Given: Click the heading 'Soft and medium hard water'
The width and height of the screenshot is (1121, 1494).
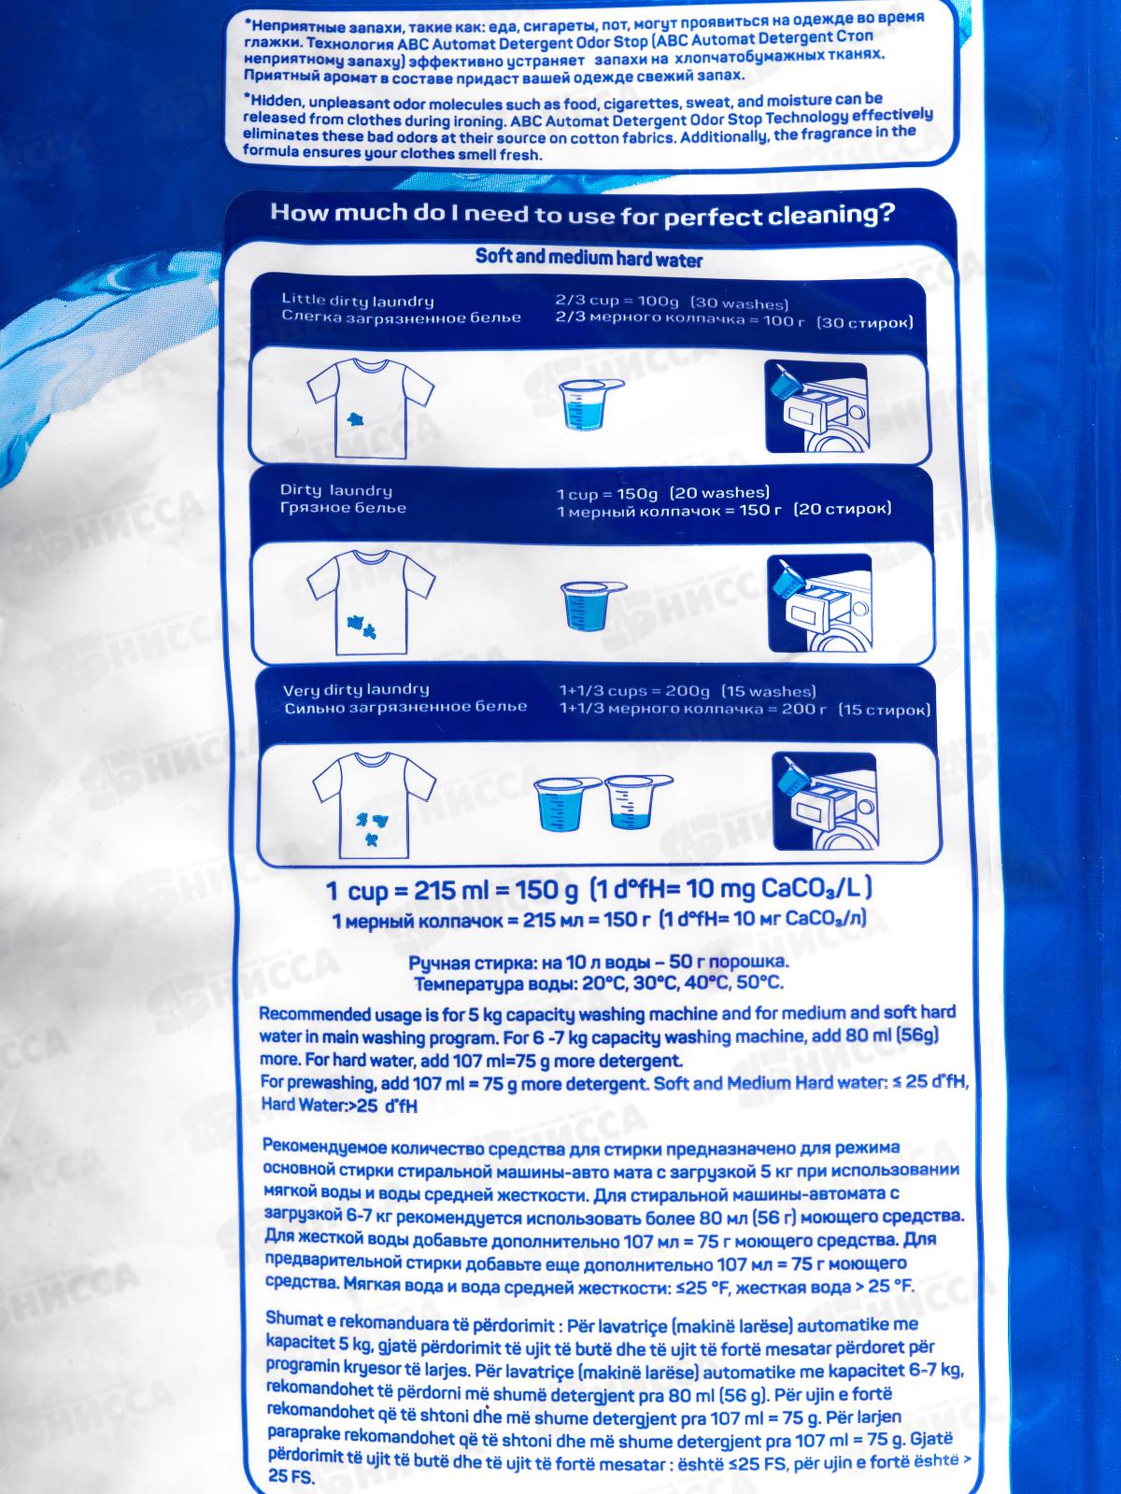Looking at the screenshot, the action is click(589, 258).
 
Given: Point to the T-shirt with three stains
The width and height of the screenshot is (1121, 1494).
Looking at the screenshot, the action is click(375, 807).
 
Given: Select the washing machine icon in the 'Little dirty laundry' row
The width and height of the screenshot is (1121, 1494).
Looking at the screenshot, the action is click(816, 406).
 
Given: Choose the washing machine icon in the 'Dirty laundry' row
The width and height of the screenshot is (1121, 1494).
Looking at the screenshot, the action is click(819, 603).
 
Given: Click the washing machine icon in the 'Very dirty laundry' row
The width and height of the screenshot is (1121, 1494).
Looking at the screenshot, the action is click(825, 801).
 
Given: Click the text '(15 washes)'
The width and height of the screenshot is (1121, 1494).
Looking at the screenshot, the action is click(769, 692).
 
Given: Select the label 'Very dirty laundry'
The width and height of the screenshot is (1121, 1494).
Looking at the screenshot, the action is click(356, 690).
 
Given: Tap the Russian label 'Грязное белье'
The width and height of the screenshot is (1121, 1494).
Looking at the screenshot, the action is click(343, 508).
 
